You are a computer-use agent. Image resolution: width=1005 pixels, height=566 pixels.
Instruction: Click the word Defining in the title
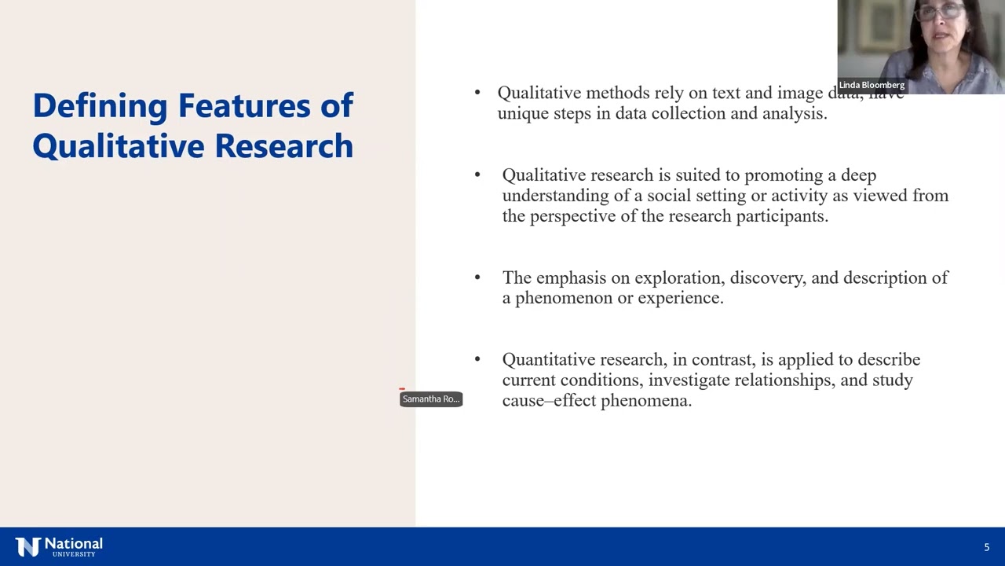100,106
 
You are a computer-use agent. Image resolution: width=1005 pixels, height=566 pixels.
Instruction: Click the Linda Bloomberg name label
872,85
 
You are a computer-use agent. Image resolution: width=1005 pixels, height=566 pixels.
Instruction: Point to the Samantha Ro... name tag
431,399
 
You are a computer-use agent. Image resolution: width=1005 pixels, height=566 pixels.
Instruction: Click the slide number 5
987,547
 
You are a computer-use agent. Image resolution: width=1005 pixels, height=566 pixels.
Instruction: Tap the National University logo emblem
27,547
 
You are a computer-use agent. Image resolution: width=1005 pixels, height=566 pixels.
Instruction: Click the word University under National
74,554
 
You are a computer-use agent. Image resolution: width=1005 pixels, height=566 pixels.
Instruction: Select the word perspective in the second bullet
572,216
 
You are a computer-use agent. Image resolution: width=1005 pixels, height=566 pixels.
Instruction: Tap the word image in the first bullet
800,93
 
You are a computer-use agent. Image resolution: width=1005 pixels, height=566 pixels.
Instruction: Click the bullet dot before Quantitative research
477,359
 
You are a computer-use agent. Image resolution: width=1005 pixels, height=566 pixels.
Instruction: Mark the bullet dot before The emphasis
477,277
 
